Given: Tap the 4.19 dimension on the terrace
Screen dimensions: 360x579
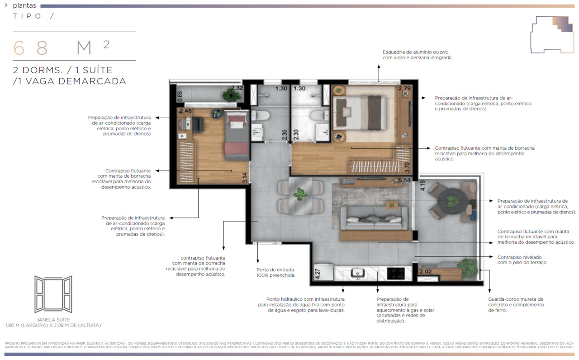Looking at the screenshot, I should [x=422, y=186].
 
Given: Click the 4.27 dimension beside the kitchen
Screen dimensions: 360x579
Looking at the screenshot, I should [x=317, y=275].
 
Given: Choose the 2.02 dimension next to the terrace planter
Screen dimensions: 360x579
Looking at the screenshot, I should [x=425, y=272].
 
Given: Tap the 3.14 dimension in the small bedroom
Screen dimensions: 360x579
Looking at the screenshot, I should [x=245, y=177].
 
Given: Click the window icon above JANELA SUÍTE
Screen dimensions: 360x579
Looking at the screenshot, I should [x=53, y=294].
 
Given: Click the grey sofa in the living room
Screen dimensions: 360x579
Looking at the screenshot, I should [x=372, y=221].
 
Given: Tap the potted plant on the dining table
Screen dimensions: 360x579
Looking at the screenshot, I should [x=299, y=194].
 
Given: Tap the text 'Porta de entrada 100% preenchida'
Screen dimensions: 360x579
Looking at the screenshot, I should [x=275, y=273].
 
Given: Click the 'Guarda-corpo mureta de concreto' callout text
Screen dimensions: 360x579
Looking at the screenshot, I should [x=516, y=304].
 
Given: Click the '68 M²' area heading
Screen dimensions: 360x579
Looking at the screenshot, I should [x=61, y=47].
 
